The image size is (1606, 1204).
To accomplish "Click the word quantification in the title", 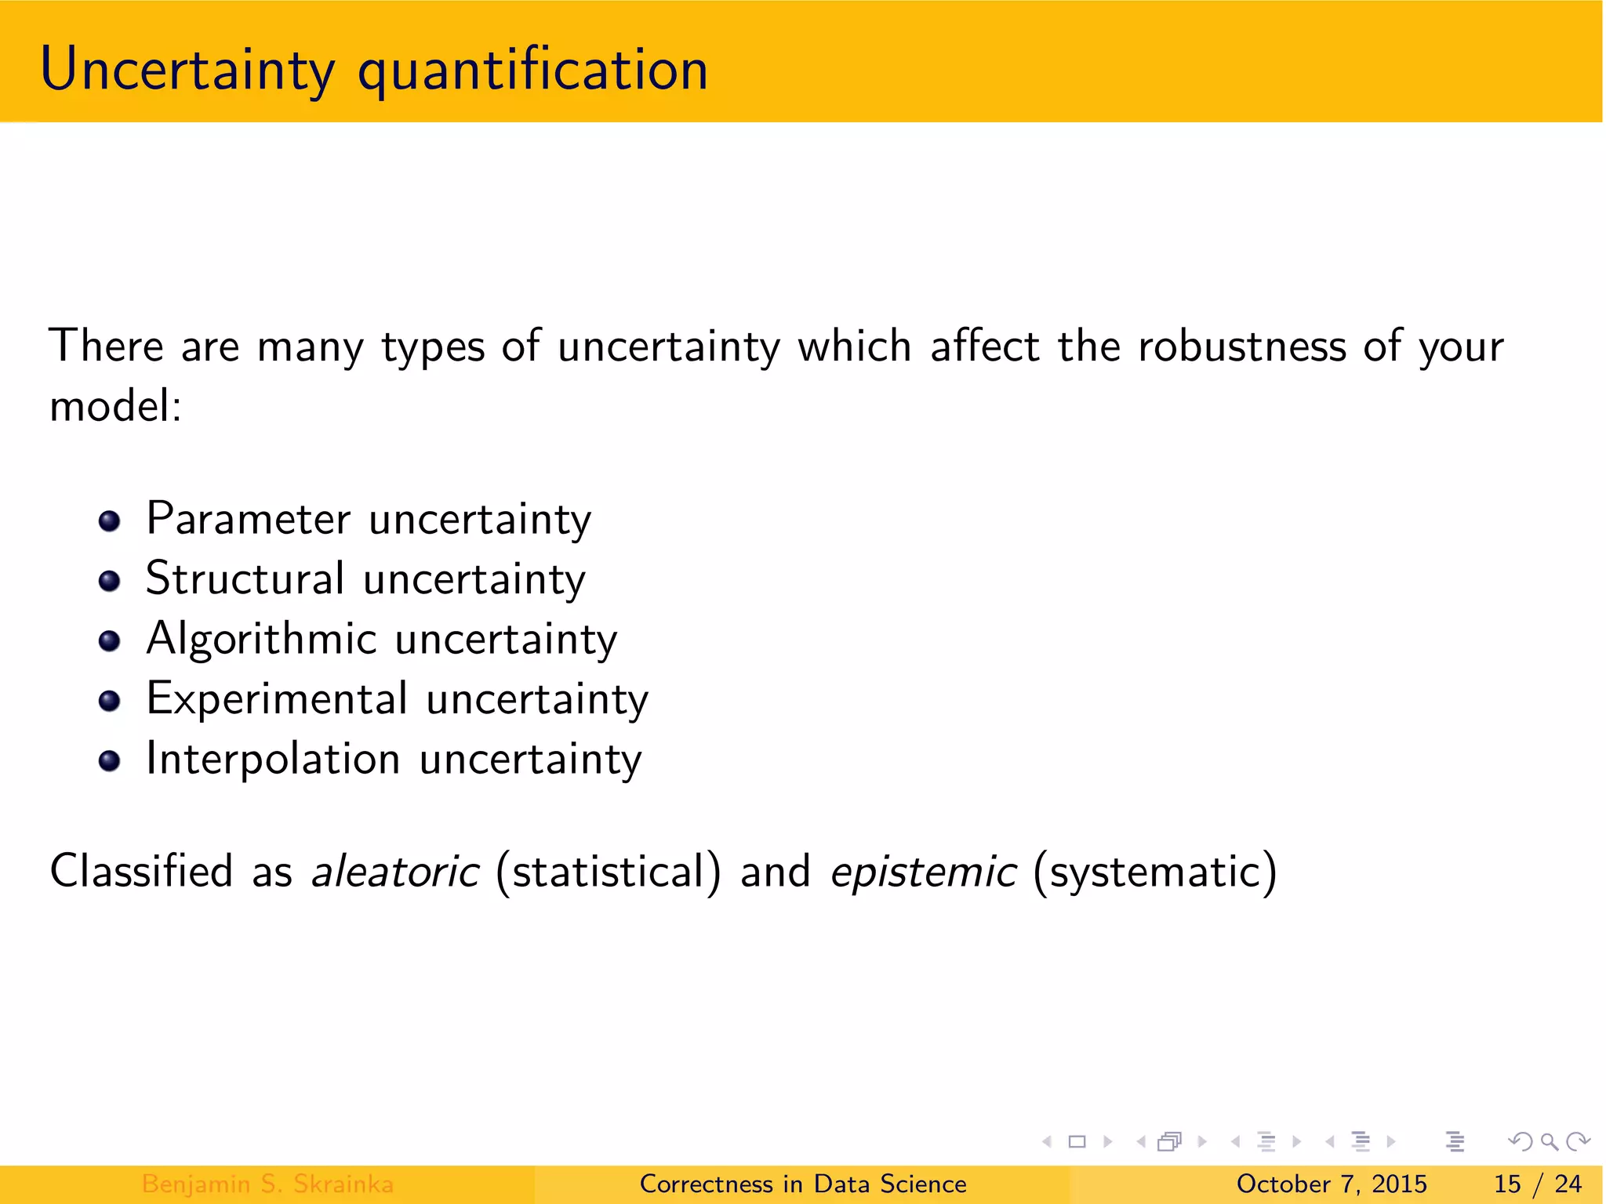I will (x=532, y=71).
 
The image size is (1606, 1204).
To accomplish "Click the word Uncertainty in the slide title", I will (x=187, y=71).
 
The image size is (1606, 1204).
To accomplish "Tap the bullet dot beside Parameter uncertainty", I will (x=110, y=521).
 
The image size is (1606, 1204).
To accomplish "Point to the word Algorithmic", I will (x=262, y=639).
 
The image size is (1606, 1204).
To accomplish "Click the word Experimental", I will (x=277, y=698).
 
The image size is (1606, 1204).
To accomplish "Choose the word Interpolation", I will (x=273, y=759).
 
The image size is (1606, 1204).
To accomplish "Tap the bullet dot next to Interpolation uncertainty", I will (x=110, y=761).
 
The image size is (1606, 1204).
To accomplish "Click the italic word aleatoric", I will (x=394, y=872).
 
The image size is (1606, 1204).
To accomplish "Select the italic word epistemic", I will (x=923, y=872).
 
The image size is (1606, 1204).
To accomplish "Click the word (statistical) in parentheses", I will (x=608, y=872).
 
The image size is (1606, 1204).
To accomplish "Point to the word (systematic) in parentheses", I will (x=1154, y=872).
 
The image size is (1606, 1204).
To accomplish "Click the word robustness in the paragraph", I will (x=1241, y=346).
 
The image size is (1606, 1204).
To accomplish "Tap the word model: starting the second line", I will (x=115, y=406).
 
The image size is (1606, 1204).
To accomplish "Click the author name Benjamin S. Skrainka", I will (x=267, y=1184).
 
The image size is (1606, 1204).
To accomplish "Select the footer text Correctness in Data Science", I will (x=803, y=1184).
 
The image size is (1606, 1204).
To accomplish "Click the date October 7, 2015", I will (x=1331, y=1184).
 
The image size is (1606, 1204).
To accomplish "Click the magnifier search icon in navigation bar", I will (x=1549, y=1141).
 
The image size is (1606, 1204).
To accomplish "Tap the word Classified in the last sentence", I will (x=141, y=872).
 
